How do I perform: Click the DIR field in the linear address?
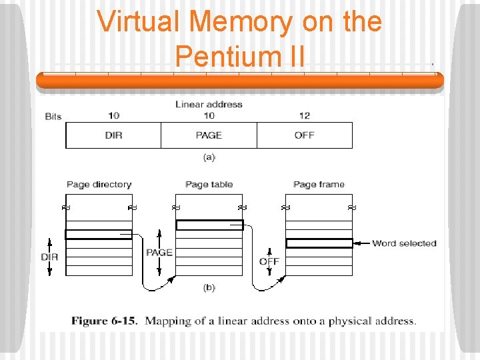(113, 135)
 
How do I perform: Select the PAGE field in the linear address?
(209, 135)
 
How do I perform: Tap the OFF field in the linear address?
(305, 135)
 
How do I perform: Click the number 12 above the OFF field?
(305, 116)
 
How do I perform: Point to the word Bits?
(53, 117)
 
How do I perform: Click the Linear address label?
(209, 104)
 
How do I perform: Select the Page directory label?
(99, 185)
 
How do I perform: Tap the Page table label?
(209, 185)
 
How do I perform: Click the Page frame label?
(319, 185)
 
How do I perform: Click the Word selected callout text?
(404, 243)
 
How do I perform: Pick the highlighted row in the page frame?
(319, 243)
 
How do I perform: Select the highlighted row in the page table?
(209, 225)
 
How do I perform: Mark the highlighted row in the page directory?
(99, 234)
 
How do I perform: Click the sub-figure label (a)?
(209, 157)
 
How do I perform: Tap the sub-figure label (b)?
(209, 287)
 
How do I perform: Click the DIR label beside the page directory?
(49, 257)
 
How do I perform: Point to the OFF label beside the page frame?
(269, 261)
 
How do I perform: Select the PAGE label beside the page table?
(159, 253)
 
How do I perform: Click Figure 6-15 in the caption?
(105, 321)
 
